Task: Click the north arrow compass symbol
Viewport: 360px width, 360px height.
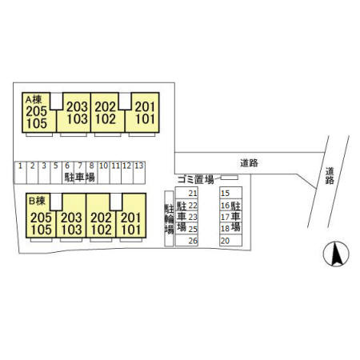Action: coord(336,254)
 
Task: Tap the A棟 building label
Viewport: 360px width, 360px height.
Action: coord(34,100)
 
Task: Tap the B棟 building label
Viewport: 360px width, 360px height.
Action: coord(37,201)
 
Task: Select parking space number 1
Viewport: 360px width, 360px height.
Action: coord(20,173)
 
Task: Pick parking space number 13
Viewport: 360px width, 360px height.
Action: coord(139,173)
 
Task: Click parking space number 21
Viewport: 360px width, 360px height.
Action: coord(186,193)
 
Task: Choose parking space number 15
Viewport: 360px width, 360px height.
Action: coord(230,193)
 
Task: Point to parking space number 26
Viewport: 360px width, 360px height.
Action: coord(186,240)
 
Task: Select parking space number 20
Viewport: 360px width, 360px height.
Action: coord(230,240)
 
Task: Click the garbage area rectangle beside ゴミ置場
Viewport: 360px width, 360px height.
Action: coord(230,178)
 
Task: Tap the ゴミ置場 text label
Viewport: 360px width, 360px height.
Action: coord(195,179)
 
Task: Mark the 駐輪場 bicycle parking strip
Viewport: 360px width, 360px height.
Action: coord(169,218)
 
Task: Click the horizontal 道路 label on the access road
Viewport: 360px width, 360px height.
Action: coord(249,163)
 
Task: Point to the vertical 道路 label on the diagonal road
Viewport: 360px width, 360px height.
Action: coord(330,176)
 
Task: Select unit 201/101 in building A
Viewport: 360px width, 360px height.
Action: coord(142,113)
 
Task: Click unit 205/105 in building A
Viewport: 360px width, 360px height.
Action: coord(39,113)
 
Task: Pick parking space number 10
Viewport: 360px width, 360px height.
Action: coord(103,173)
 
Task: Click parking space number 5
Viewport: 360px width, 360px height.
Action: coord(56,173)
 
